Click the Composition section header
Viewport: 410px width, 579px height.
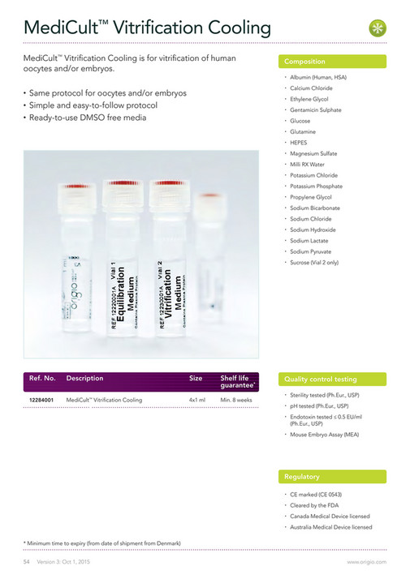tap(304, 62)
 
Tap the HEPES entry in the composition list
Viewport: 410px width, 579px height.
tap(300, 143)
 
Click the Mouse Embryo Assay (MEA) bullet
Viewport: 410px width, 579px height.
tap(324, 435)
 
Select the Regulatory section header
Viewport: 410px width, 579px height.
tap(302, 477)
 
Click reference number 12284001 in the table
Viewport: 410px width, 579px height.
tap(42, 400)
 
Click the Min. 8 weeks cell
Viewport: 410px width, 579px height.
tap(236, 400)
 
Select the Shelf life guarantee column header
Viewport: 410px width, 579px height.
tap(237, 381)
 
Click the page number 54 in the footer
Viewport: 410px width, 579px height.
tap(26, 561)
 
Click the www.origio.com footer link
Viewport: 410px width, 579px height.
tap(367, 561)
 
